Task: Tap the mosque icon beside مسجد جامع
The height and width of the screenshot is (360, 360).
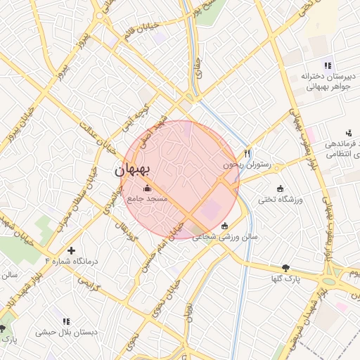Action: coord(147,188)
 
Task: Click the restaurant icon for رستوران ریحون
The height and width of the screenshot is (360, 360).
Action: coord(247,153)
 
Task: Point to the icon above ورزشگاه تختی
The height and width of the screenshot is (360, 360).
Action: coord(281,188)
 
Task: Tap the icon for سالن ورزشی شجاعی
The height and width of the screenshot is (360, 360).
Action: coord(224,226)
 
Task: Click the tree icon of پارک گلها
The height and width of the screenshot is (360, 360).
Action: coord(285,268)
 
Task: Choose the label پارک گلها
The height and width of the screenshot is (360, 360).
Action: coord(285,279)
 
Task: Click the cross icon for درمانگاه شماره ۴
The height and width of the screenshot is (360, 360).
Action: coord(71,250)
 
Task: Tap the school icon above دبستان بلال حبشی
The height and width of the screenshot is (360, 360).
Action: coord(66,321)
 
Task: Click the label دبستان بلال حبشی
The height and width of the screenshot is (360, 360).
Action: coord(67,332)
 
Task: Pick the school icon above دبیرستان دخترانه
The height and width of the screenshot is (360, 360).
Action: coord(328,65)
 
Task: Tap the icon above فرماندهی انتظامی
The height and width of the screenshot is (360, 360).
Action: coord(348,132)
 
